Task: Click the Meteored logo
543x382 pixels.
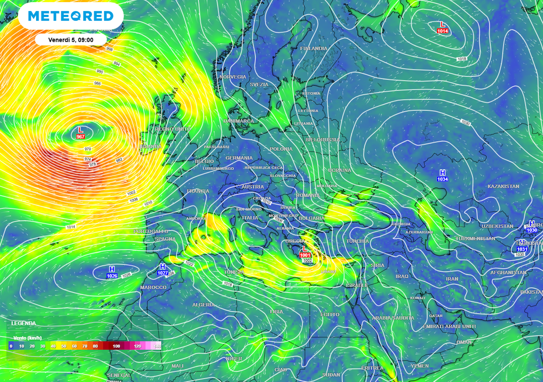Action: coord(71,16)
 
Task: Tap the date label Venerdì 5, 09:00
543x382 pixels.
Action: coord(71,40)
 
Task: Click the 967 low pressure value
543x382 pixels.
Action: coord(81,137)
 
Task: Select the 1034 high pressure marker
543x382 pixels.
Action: coord(442,179)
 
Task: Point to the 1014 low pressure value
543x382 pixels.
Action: coord(443,31)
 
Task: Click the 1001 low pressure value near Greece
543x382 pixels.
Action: coord(305,255)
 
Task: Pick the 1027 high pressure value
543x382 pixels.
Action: coord(163,273)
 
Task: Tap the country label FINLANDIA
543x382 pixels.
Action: coord(313,48)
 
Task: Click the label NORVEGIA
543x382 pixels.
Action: coord(233,77)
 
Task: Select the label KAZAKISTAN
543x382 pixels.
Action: coord(503,186)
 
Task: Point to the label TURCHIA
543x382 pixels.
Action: coord(357,241)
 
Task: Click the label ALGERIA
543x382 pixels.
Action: coord(203,305)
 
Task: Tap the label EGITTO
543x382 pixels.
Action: coord(329,315)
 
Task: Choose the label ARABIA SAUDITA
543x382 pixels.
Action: coord(392,318)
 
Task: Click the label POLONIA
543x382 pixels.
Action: coord(281,149)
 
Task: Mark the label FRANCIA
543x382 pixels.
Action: coord(198,191)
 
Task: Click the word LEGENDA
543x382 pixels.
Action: coord(23,323)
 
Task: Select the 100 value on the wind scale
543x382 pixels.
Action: coord(116,346)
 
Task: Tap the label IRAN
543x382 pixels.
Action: coord(452,279)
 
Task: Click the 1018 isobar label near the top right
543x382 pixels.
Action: coord(461,59)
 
